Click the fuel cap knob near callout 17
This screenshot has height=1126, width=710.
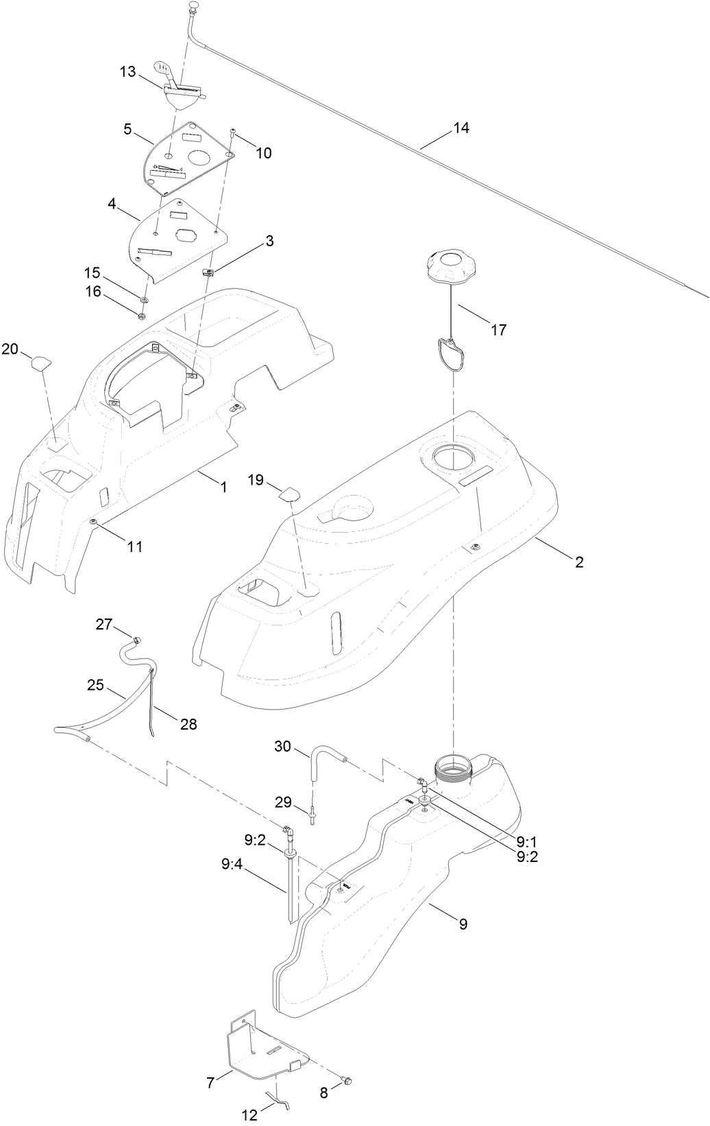click(x=450, y=264)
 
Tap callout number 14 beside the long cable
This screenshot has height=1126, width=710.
click(x=461, y=128)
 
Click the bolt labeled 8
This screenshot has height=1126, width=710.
click(x=347, y=1081)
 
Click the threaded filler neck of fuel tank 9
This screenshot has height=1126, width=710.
click(x=454, y=766)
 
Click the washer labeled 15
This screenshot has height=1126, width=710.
click(x=145, y=300)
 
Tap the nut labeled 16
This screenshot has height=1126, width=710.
click(x=141, y=315)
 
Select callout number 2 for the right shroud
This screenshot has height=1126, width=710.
click(x=579, y=562)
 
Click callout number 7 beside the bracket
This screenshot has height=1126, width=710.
click(x=210, y=1083)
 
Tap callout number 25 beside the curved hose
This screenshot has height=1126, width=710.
click(x=96, y=684)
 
